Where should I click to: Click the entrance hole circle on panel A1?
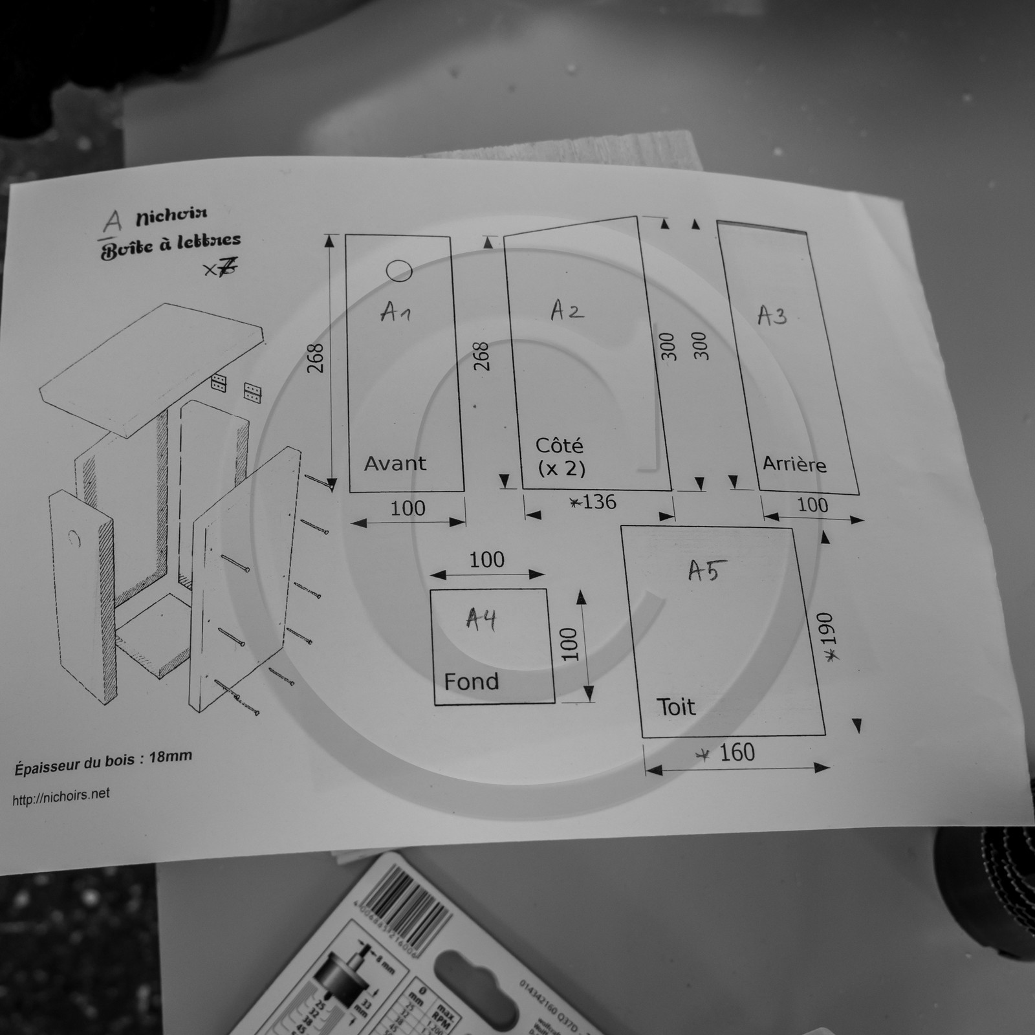point(398,271)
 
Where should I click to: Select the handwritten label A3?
point(772,316)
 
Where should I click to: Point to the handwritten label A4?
point(481,620)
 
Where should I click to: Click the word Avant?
point(395,463)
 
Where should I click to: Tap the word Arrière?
point(794,464)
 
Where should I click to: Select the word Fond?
point(471,681)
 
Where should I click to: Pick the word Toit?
point(676,706)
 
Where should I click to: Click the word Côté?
point(559,446)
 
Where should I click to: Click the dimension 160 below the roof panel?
point(737,752)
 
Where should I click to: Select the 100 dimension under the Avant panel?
point(408,508)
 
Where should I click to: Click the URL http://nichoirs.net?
point(61,797)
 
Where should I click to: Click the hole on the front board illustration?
point(74,538)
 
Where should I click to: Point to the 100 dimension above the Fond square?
point(486,560)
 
